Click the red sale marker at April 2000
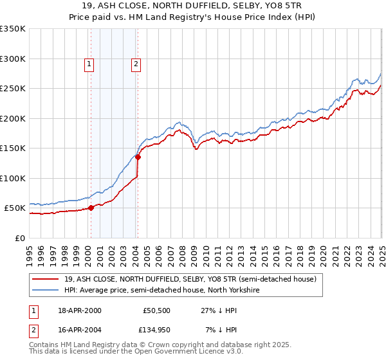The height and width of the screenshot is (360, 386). tap(91, 208)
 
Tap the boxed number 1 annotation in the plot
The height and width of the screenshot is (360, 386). tap(89, 64)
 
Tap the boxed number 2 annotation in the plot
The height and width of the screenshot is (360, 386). tap(136, 64)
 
